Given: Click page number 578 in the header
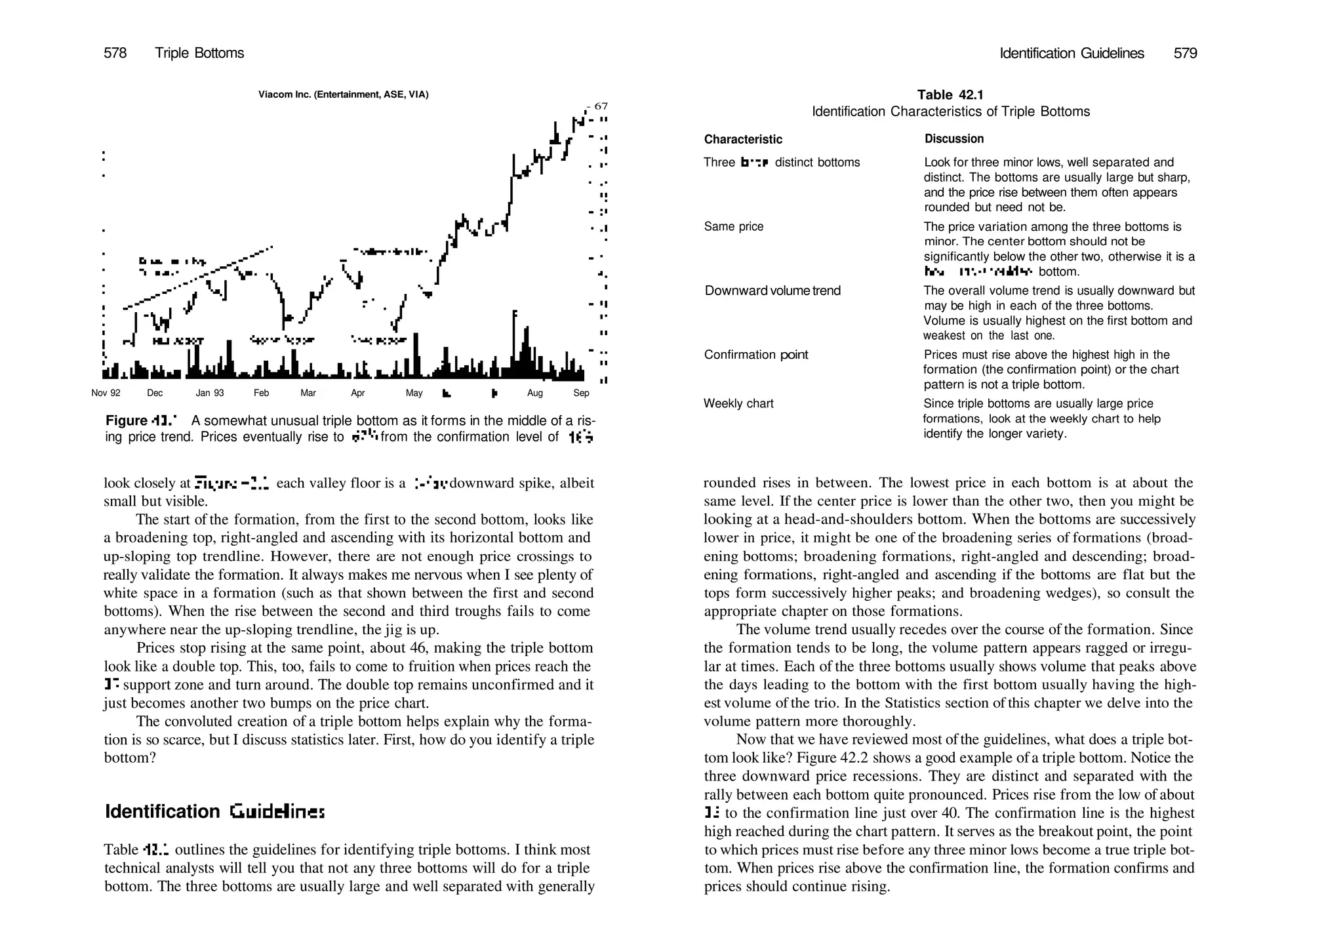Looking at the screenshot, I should (x=115, y=53).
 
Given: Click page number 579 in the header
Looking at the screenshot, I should (x=1185, y=53).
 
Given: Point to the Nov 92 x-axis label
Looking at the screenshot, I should (x=106, y=393).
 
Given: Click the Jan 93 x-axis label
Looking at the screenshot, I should (x=210, y=393).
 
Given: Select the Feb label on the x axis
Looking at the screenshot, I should (x=261, y=393).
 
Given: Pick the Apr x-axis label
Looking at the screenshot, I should (x=357, y=393).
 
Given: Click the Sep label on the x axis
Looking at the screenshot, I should (x=581, y=393).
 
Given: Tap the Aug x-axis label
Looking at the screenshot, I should (x=534, y=393).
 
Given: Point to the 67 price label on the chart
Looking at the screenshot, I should (x=601, y=106).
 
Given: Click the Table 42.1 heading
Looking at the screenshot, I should (x=950, y=95).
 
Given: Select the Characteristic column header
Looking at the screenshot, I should (x=743, y=139).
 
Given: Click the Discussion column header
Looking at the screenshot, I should (x=954, y=139).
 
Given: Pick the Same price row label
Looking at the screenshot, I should (x=733, y=227).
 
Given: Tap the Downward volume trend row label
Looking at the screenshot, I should (x=772, y=291).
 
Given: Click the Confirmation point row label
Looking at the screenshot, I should (x=755, y=355).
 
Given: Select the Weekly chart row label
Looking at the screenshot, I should (x=738, y=404).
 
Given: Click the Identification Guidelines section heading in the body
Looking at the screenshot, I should (x=214, y=812).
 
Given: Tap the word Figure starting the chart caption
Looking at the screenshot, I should (x=127, y=421).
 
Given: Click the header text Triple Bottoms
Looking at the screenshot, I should (x=199, y=53).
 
